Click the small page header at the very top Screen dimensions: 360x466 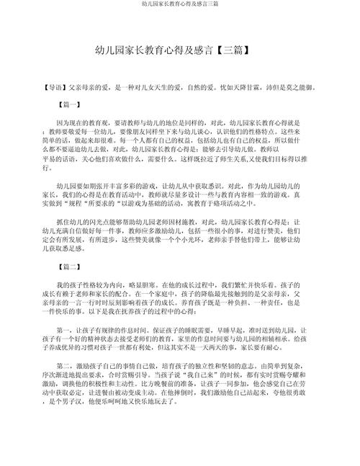tap(179, 5)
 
